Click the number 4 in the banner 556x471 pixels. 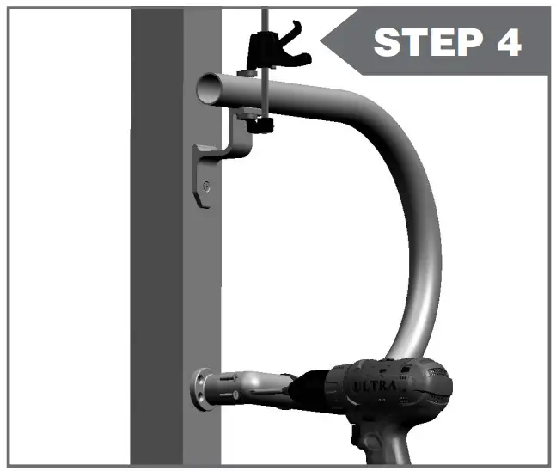506,41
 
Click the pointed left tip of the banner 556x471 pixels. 321,39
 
